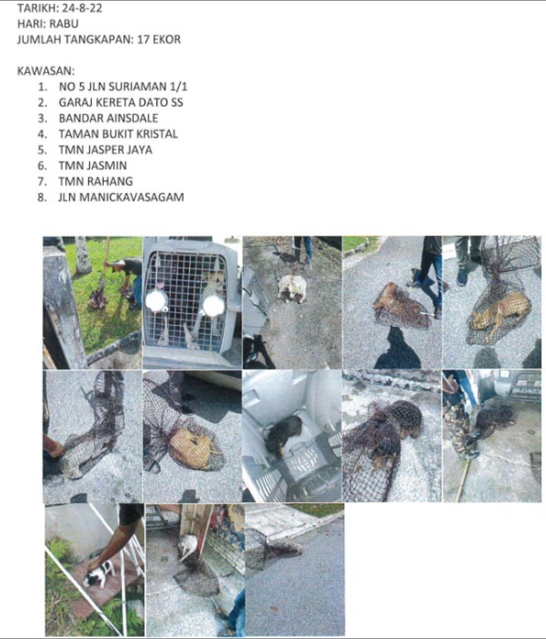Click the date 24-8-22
(x=82, y=8)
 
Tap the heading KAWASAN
(x=46, y=71)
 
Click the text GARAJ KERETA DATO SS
(x=121, y=103)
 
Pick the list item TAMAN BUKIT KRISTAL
(x=118, y=134)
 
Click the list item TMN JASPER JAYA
(x=106, y=150)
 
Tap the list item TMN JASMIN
(x=93, y=166)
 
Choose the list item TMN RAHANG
(x=96, y=181)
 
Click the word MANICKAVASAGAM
(x=131, y=197)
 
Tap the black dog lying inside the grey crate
(x=284, y=434)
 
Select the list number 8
(x=42, y=197)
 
